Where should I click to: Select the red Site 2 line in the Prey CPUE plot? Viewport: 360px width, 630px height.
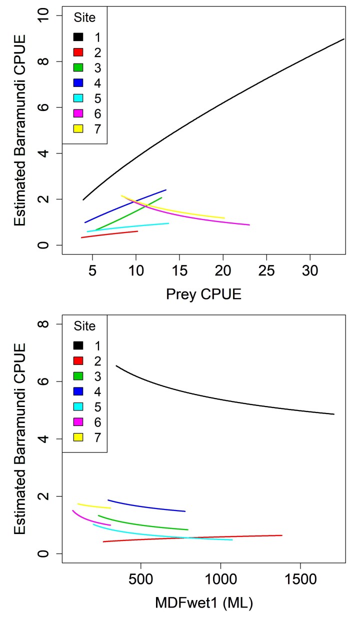110,234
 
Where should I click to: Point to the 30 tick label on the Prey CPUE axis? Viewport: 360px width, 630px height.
310,272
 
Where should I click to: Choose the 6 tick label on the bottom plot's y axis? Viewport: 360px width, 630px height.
46,381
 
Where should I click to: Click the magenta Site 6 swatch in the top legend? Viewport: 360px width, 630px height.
78,114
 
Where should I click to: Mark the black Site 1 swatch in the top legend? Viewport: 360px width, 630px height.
78,37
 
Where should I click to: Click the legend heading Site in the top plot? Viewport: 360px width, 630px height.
84,19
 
